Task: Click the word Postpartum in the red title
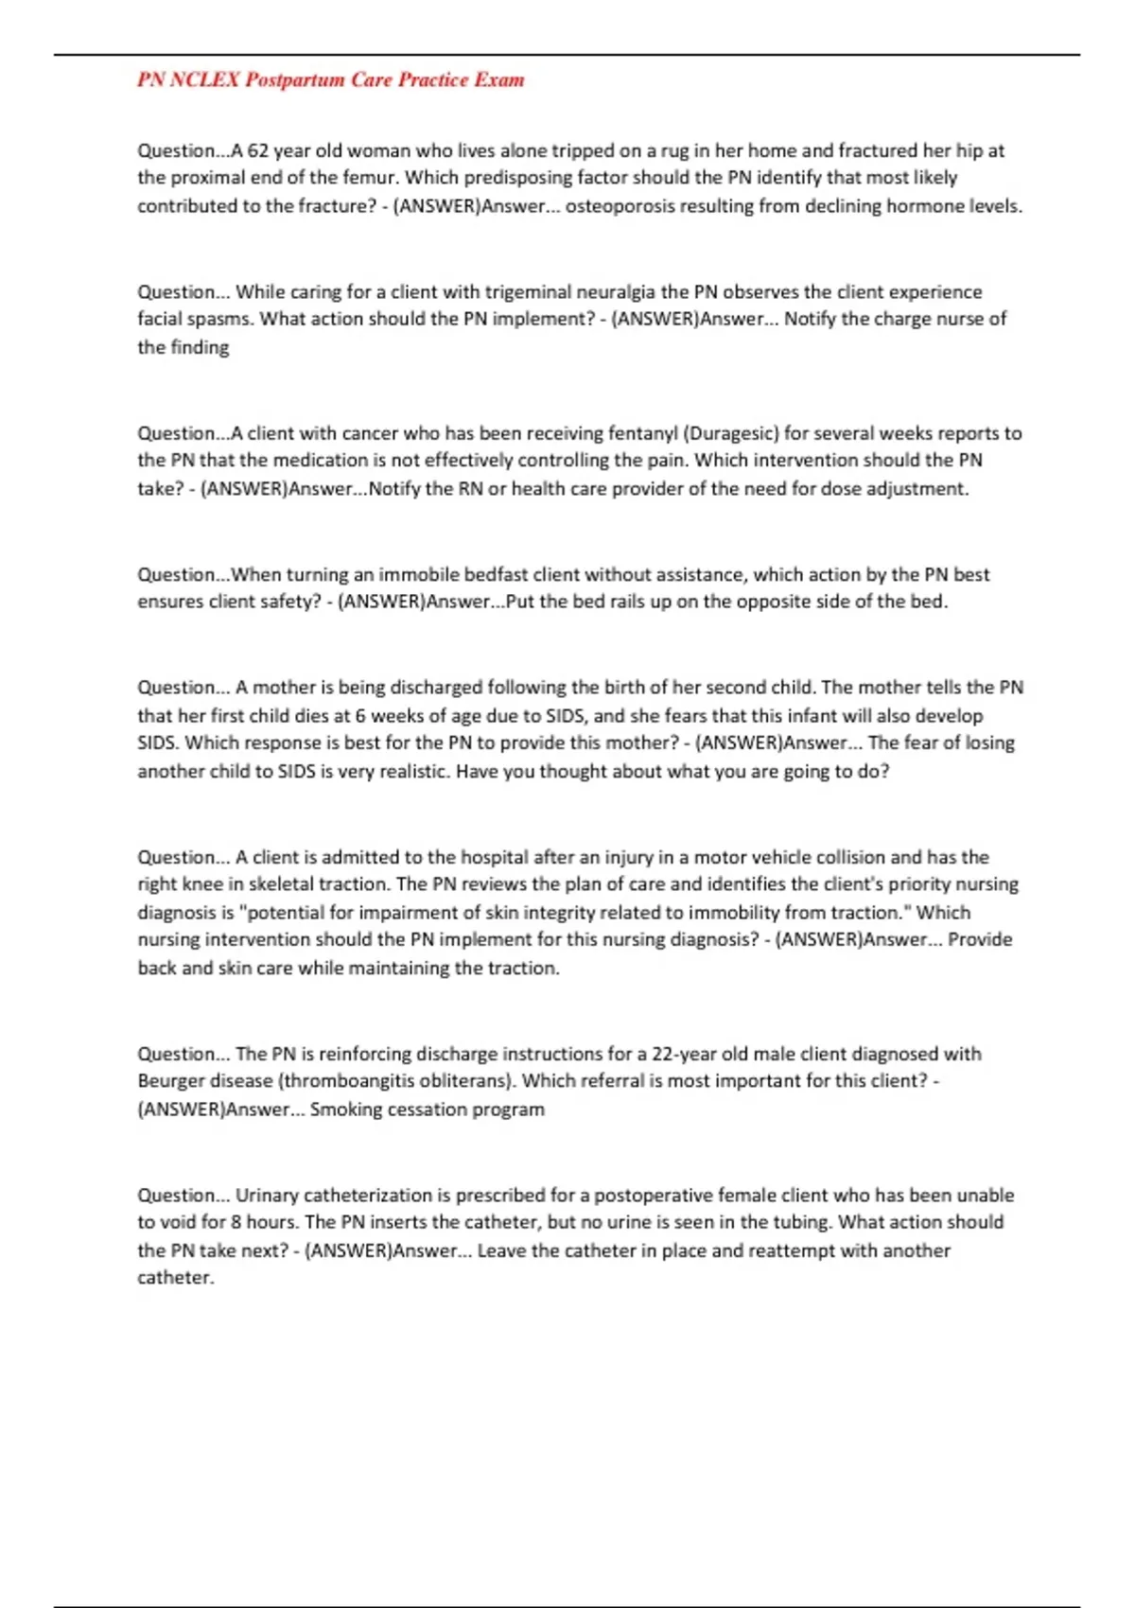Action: click(x=295, y=80)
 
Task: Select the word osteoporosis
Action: click(x=620, y=206)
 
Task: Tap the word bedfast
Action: click(x=495, y=575)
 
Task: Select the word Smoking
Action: click(x=346, y=1110)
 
